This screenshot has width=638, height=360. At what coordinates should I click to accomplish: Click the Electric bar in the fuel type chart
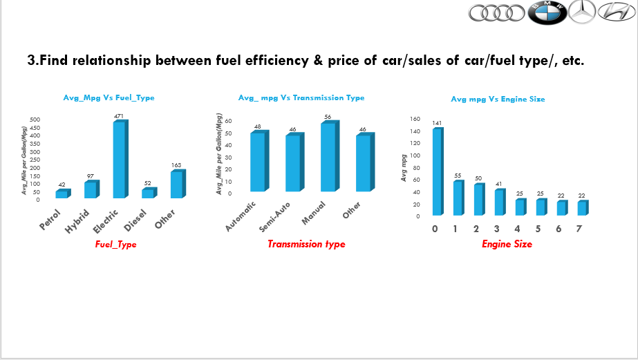coord(120,160)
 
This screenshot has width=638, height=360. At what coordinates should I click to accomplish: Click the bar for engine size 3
coord(498,202)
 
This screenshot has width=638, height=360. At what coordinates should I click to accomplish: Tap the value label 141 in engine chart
coord(437,123)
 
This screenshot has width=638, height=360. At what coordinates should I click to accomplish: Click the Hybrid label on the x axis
coord(78,221)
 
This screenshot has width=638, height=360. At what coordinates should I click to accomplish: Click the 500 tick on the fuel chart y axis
coord(35,120)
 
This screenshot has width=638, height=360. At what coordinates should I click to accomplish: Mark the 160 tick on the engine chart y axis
coord(415,119)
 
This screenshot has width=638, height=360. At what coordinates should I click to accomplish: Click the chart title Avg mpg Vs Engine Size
coord(498,99)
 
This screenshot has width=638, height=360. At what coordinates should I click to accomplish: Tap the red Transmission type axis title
coord(306,244)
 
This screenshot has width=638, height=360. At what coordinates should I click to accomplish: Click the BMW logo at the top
coord(548,12)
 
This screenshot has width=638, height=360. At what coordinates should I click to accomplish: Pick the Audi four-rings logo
coord(496,12)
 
